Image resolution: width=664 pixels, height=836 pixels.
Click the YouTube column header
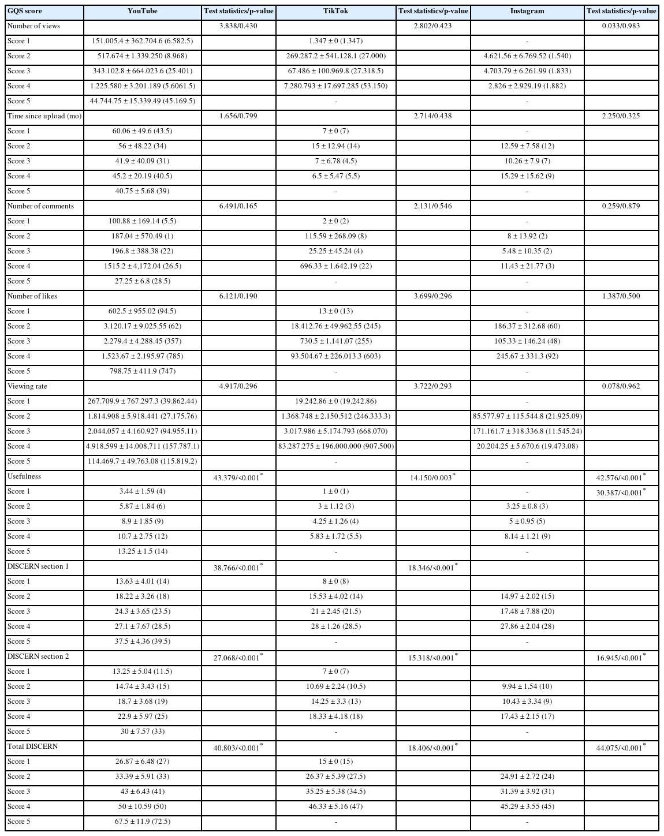tap(142, 11)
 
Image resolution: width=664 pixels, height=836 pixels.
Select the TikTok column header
tap(335, 11)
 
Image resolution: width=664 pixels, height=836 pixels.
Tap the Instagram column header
tap(527, 11)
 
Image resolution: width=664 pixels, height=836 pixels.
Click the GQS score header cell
tap(25, 11)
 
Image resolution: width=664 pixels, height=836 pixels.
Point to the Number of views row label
tap(33, 26)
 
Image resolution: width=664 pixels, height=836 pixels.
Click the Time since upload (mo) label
tap(44, 116)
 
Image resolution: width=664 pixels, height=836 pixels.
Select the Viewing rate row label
tap(28, 386)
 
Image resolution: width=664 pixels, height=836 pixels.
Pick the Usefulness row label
tap(24, 476)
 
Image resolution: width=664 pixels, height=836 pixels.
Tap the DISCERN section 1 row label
tap(38, 566)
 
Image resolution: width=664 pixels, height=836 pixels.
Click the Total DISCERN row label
tap(33, 747)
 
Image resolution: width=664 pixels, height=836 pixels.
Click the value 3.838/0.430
tap(238, 26)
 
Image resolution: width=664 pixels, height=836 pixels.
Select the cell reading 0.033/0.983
tap(621, 26)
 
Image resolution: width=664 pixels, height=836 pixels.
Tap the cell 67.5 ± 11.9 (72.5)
tap(142, 822)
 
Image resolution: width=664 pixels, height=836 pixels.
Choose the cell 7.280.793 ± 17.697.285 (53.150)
tap(335, 86)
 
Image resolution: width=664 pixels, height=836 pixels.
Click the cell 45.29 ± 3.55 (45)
tap(527, 807)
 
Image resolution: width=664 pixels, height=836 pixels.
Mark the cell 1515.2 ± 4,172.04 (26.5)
tap(142, 266)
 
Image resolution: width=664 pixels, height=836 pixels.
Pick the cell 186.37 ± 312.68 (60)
tap(527, 326)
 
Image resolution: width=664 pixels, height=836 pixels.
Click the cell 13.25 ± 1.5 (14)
tap(142, 551)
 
